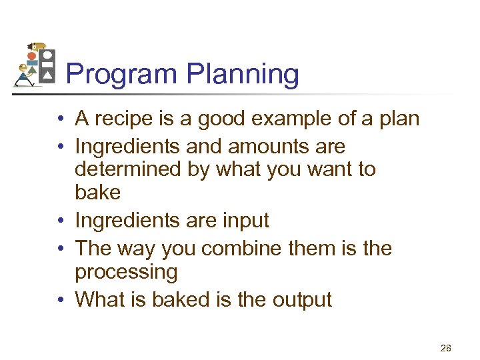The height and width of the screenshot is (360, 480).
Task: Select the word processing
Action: click(127, 272)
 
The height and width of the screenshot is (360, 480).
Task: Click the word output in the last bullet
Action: click(301, 299)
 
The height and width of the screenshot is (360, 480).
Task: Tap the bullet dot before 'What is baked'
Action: click(60, 300)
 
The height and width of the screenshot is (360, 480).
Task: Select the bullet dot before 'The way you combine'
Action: click(60, 249)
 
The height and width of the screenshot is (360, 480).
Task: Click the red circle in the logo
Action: click(32, 57)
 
